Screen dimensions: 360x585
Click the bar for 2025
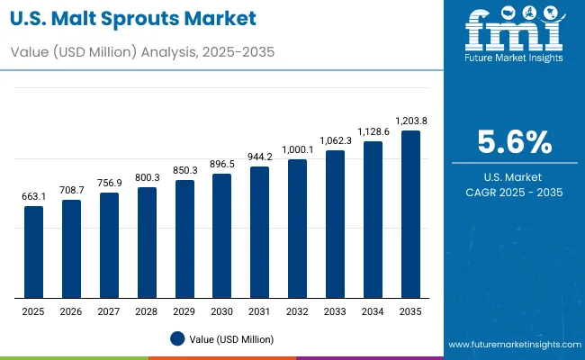33,252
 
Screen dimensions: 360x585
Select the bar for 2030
221,236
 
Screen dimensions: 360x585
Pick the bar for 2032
297,229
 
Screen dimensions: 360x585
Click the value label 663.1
33,196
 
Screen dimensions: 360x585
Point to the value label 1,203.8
409,121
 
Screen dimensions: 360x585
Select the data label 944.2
259,157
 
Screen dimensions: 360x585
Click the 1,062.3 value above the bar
335,140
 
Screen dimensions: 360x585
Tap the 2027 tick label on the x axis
109,311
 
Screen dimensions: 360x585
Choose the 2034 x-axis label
372,311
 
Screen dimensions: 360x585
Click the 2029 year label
184,311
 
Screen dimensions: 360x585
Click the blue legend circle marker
178,338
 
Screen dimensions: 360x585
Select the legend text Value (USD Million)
233,339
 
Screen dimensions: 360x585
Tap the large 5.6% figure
514,141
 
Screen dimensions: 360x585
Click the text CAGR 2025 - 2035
514,191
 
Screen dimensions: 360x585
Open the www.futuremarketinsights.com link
512,345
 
